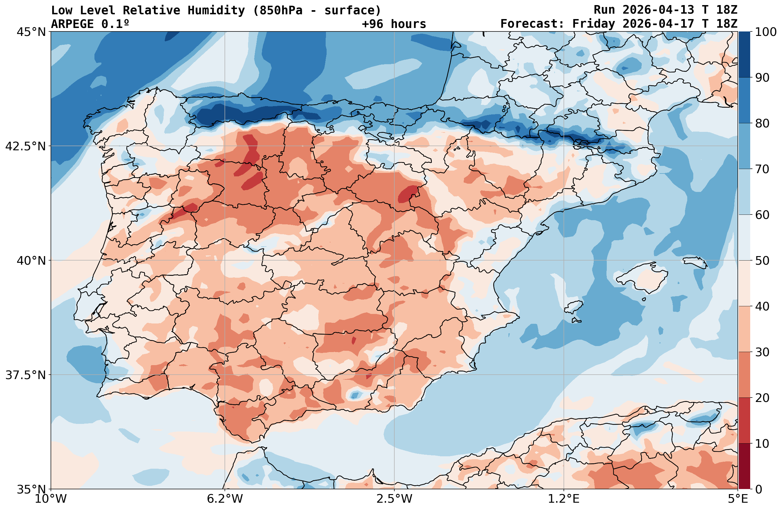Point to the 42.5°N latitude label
25,146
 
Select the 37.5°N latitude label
25,375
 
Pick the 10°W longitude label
51,499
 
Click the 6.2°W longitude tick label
225,499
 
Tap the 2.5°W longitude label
394,499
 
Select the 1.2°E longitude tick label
564,499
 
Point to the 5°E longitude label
738,499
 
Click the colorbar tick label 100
766,32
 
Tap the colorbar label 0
758,489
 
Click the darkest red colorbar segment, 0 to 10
744,466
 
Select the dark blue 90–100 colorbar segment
744,55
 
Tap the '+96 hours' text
394,24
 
